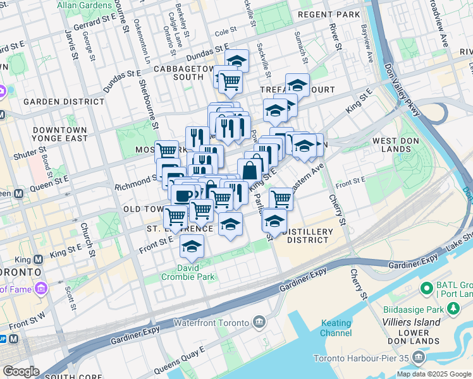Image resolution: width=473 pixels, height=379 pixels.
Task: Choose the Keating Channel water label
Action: [x=336, y=328]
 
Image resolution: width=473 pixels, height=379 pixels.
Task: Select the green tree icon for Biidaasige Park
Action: [x=453, y=309]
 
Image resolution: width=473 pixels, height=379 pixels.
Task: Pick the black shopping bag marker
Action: [x=250, y=170]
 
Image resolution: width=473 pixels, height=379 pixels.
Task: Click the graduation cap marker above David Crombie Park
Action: [x=191, y=247]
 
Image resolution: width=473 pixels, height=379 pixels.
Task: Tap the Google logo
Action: [x=20, y=371]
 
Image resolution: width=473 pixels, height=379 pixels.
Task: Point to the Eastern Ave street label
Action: [x=307, y=174]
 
